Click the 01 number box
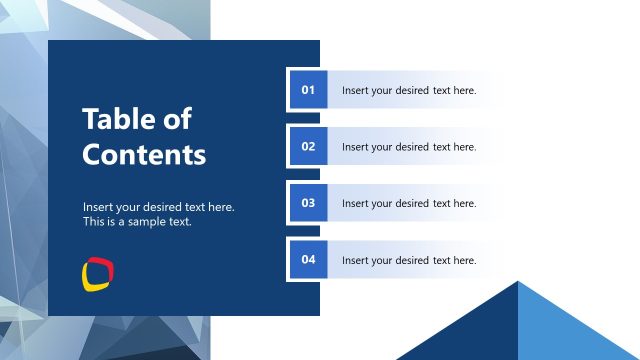tap(308, 90)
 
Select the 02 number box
tap(308, 146)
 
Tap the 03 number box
tap(308, 203)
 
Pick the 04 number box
tap(308, 260)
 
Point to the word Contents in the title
tap(144, 155)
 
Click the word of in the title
tap(175, 120)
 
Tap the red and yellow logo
tap(97, 273)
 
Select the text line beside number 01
tap(409, 91)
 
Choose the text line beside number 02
tap(409, 147)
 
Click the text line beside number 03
tap(409, 204)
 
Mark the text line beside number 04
tap(409, 261)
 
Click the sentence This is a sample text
tap(137, 222)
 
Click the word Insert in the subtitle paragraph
tap(98, 207)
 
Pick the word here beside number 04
tap(465, 261)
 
